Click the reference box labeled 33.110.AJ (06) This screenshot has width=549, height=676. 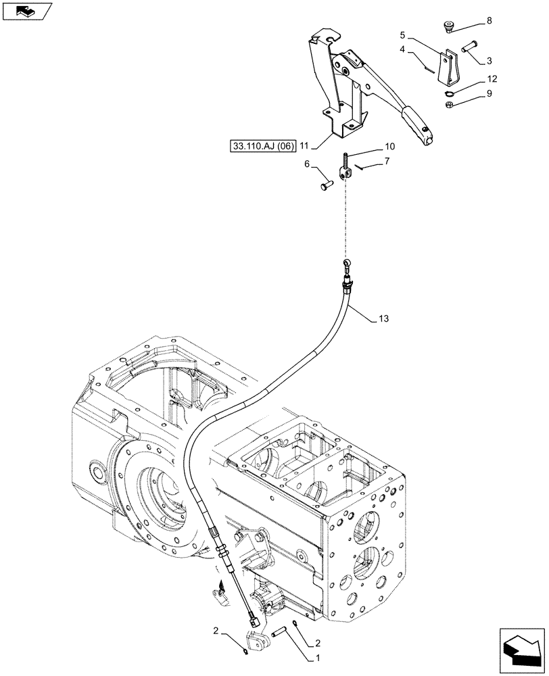(258, 145)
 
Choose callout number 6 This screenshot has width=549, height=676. (307, 164)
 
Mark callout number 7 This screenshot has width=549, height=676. (387, 161)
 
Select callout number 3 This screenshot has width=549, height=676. (488, 61)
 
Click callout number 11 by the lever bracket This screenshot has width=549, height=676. (304, 145)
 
